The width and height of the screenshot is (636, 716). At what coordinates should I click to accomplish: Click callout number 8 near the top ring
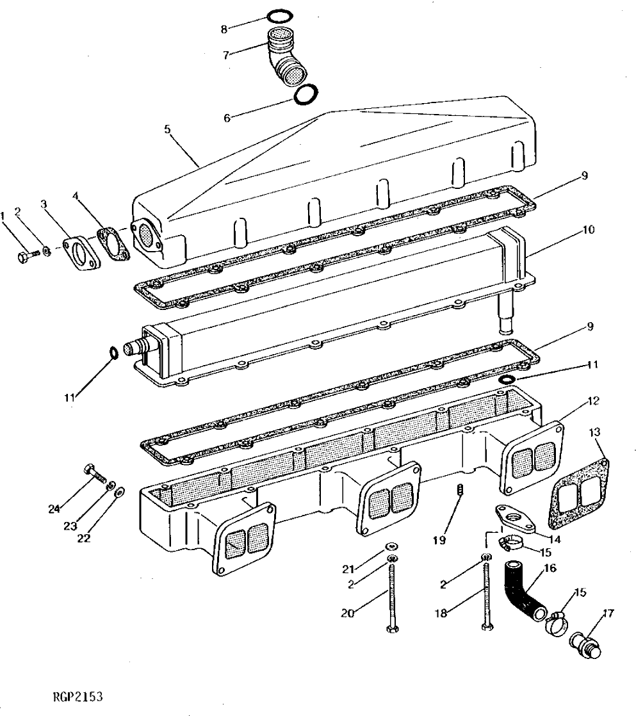click(x=224, y=29)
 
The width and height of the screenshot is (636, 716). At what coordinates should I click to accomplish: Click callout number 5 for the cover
click(x=167, y=129)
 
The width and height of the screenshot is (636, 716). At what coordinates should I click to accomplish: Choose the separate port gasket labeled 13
click(x=578, y=489)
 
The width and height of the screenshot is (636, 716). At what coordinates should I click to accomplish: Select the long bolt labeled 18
click(x=485, y=596)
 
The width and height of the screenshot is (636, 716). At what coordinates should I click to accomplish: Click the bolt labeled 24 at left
click(x=94, y=475)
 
